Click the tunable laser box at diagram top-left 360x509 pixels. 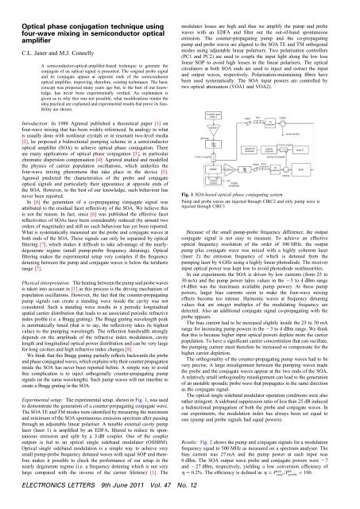[212, 116]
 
